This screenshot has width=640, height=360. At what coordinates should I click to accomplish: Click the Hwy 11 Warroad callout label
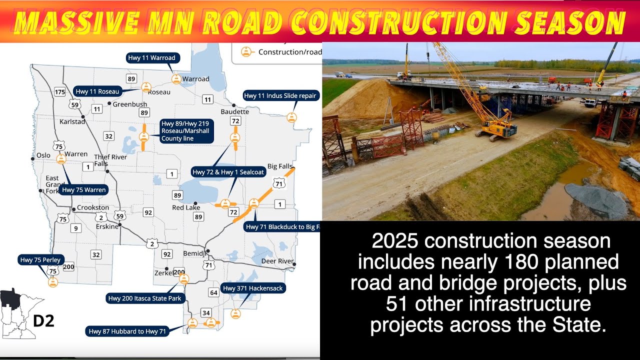tap(152, 58)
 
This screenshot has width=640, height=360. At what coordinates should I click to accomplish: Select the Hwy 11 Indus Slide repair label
tap(280, 95)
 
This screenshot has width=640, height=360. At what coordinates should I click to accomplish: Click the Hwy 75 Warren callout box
tap(84, 190)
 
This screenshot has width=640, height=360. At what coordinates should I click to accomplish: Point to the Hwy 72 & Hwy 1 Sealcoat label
tap(228, 172)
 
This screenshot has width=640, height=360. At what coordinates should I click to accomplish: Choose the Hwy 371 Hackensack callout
tap(253, 288)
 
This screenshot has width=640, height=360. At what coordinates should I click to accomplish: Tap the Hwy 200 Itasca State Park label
tap(146, 298)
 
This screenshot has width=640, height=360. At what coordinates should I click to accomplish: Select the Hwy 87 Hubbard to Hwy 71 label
tap(127, 331)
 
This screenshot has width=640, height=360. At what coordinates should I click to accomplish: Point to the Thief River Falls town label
tap(110, 160)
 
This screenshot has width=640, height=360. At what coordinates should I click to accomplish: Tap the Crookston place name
tap(93, 207)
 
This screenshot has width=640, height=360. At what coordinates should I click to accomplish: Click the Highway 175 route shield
tap(60, 91)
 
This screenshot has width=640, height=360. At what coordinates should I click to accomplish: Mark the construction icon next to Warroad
tap(176, 78)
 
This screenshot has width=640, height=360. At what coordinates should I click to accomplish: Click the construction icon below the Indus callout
tap(291, 117)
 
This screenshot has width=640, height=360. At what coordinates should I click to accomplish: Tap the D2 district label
tap(43, 320)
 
